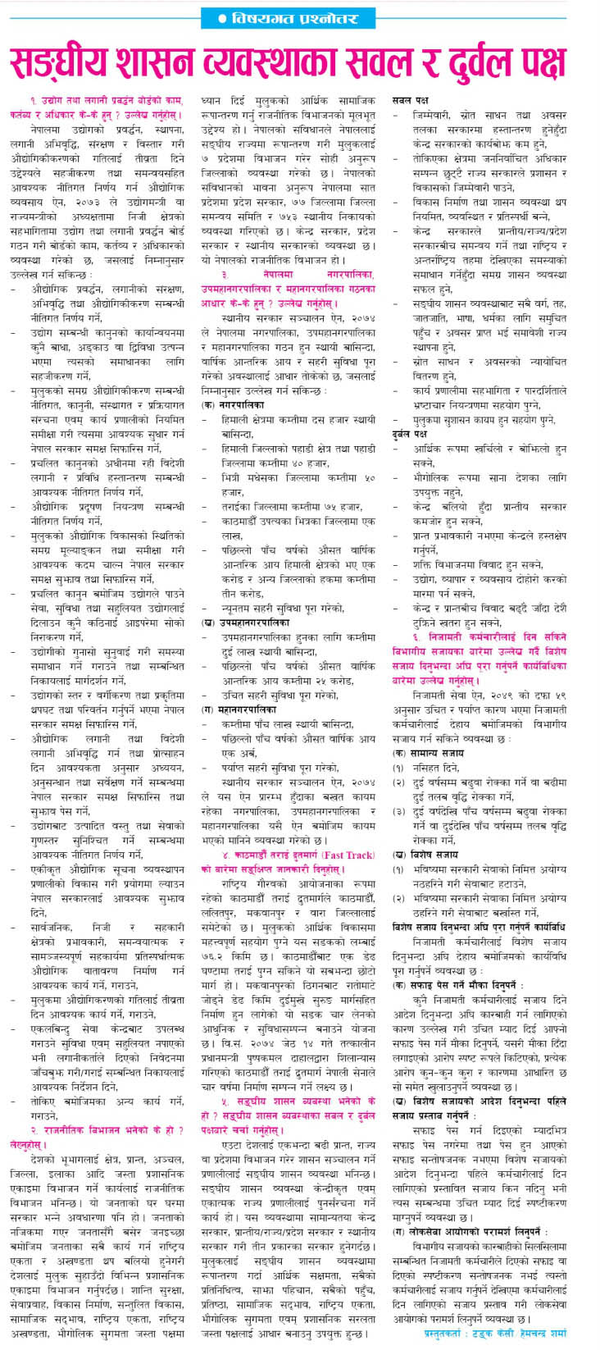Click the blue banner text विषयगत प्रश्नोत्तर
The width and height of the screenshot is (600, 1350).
click(x=302, y=17)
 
